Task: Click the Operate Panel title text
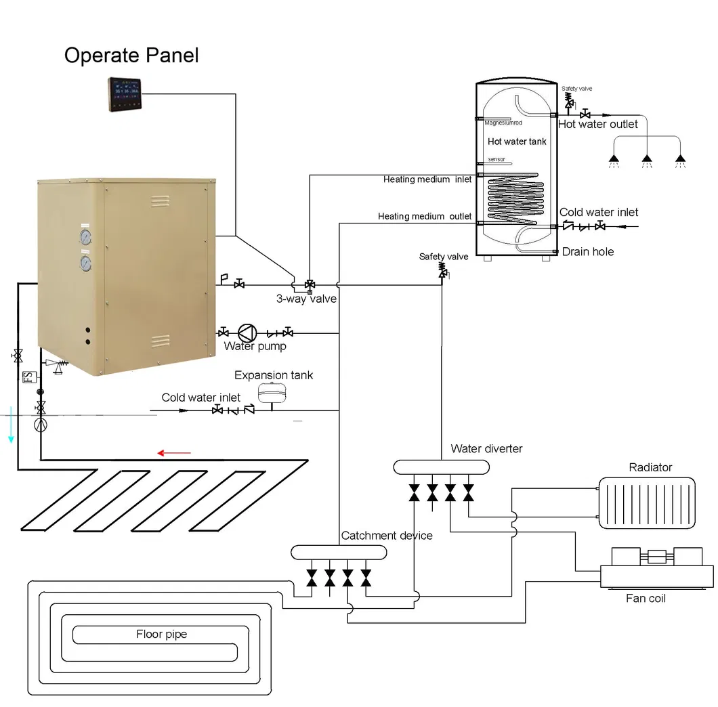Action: (131, 55)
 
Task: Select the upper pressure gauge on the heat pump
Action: (86, 238)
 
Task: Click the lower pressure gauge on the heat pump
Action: (86, 262)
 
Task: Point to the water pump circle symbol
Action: (248, 333)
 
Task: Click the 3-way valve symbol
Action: (310, 284)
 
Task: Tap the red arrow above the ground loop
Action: (174, 452)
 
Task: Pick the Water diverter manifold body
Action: (441, 467)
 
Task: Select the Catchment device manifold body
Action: (339, 553)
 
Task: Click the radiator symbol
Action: (646, 502)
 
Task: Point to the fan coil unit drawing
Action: (656, 569)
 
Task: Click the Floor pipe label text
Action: (161, 635)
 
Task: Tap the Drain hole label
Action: (587, 252)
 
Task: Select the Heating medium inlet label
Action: (427, 179)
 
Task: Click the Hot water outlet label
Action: (597, 125)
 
